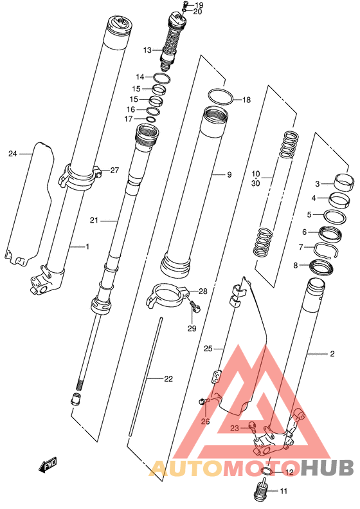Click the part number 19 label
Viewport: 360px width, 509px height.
(199, 5)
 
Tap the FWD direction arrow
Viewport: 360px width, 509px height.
(48, 465)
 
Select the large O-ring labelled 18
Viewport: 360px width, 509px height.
(221, 97)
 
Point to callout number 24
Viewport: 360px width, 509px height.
(13, 153)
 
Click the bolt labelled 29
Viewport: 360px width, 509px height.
(195, 306)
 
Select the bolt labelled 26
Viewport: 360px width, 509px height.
(204, 403)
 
